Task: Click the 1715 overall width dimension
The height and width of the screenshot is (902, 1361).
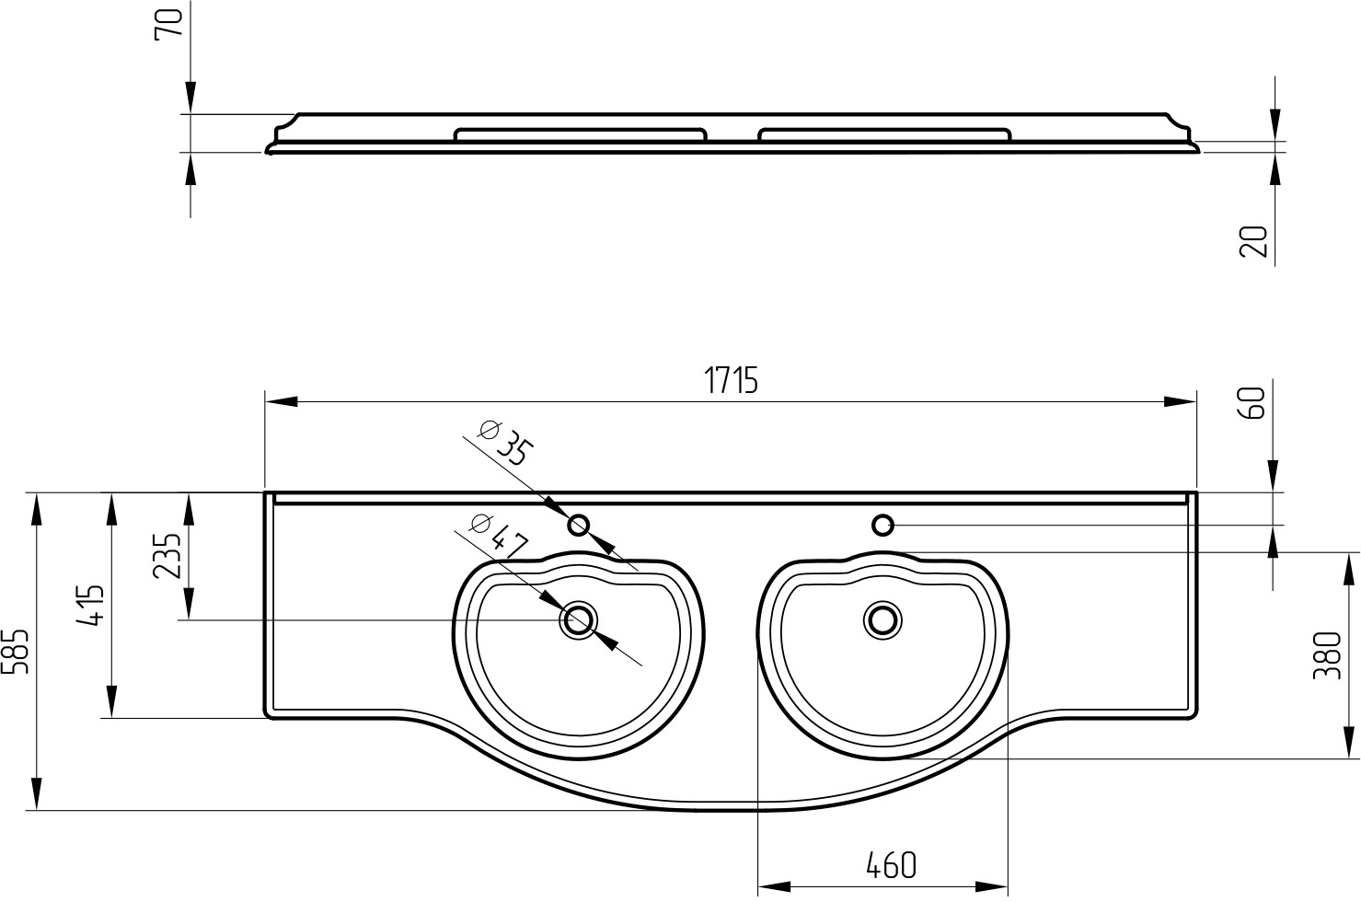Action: pyautogui.click(x=731, y=381)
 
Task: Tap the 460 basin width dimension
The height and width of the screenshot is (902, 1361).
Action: pyautogui.click(x=891, y=865)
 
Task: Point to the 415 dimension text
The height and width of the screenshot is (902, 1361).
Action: pyautogui.click(x=90, y=605)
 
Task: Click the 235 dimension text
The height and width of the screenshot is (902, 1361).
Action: pyautogui.click(x=167, y=556)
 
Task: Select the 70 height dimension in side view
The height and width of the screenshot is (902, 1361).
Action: pyautogui.click(x=168, y=23)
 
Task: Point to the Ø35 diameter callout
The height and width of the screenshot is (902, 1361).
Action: pyautogui.click(x=505, y=443)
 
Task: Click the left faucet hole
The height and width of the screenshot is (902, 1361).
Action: pyautogui.click(x=579, y=525)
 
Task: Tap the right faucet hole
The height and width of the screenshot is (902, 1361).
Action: pyautogui.click(x=882, y=525)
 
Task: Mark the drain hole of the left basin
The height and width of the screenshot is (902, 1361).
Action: pyautogui.click(x=579, y=620)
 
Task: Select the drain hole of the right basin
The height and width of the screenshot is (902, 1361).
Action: pyautogui.click(x=882, y=620)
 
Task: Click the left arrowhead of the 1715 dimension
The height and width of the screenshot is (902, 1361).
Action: pyautogui.click(x=282, y=401)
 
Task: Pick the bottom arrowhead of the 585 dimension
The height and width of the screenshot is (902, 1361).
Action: pyautogui.click(x=37, y=793)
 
